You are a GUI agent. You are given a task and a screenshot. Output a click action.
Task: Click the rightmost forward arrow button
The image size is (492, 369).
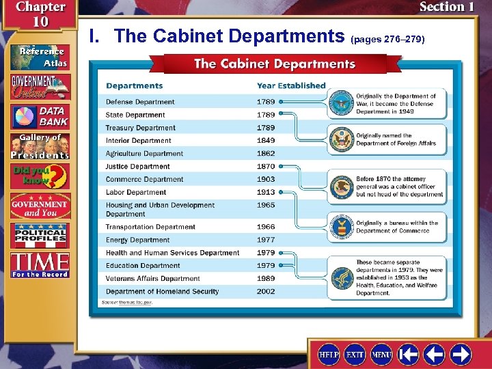pos(460,354)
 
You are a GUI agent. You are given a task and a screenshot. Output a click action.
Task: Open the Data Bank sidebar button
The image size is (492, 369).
pos(40,116)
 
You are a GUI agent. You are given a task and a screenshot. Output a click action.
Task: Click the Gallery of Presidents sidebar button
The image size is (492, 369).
pos(40,146)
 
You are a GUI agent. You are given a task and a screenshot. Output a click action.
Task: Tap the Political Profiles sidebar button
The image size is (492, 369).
pos(40,236)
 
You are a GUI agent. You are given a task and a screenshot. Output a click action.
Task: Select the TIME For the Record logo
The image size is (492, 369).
pos(40,264)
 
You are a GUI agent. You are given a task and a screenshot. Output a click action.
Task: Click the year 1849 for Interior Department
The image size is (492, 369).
pos(266,141)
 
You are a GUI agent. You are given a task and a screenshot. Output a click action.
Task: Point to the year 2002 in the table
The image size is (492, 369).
pos(266,292)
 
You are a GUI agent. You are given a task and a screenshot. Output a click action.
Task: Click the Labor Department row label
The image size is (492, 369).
pos(136,193)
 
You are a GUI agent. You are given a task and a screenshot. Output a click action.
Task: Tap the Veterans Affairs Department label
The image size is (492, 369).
pos(152,279)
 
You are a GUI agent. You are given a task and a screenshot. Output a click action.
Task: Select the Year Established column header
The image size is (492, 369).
pos(291,85)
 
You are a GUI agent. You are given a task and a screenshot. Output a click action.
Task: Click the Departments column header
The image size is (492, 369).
pos(134,85)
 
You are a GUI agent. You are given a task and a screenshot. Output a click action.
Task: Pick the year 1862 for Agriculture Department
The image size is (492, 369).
pos(266,154)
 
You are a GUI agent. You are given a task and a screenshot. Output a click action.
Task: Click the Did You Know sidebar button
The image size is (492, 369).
pos(40,176)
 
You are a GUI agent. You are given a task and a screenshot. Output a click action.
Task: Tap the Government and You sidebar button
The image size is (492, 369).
pos(40,206)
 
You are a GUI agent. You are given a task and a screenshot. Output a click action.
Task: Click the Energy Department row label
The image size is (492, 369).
pos(137,240)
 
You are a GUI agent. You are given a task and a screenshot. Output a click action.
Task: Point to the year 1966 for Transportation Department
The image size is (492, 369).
pos(266,227)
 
